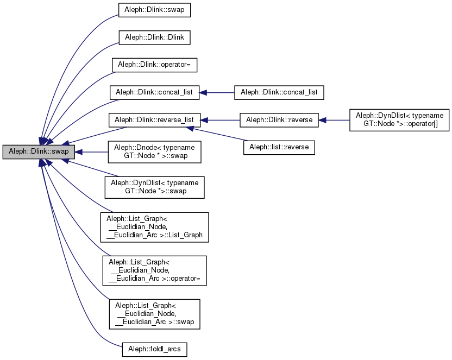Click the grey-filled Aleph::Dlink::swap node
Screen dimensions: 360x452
(x=37, y=151)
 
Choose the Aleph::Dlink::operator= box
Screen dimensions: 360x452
(x=154, y=65)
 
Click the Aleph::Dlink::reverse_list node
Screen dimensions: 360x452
(x=155, y=119)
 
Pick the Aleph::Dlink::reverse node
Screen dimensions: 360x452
(x=280, y=119)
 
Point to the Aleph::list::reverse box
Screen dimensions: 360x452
(x=279, y=147)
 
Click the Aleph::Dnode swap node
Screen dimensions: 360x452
(x=155, y=151)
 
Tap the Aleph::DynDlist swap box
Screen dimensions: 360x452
(x=155, y=188)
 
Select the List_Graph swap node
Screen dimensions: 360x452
(x=155, y=313)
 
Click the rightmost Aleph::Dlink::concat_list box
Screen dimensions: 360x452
(x=279, y=92)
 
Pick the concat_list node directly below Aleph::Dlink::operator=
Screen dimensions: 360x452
(x=155, y=92)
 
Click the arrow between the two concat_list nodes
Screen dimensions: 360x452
(x=217, y=92)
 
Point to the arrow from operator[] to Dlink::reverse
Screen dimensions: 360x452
(x=334, y=119)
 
